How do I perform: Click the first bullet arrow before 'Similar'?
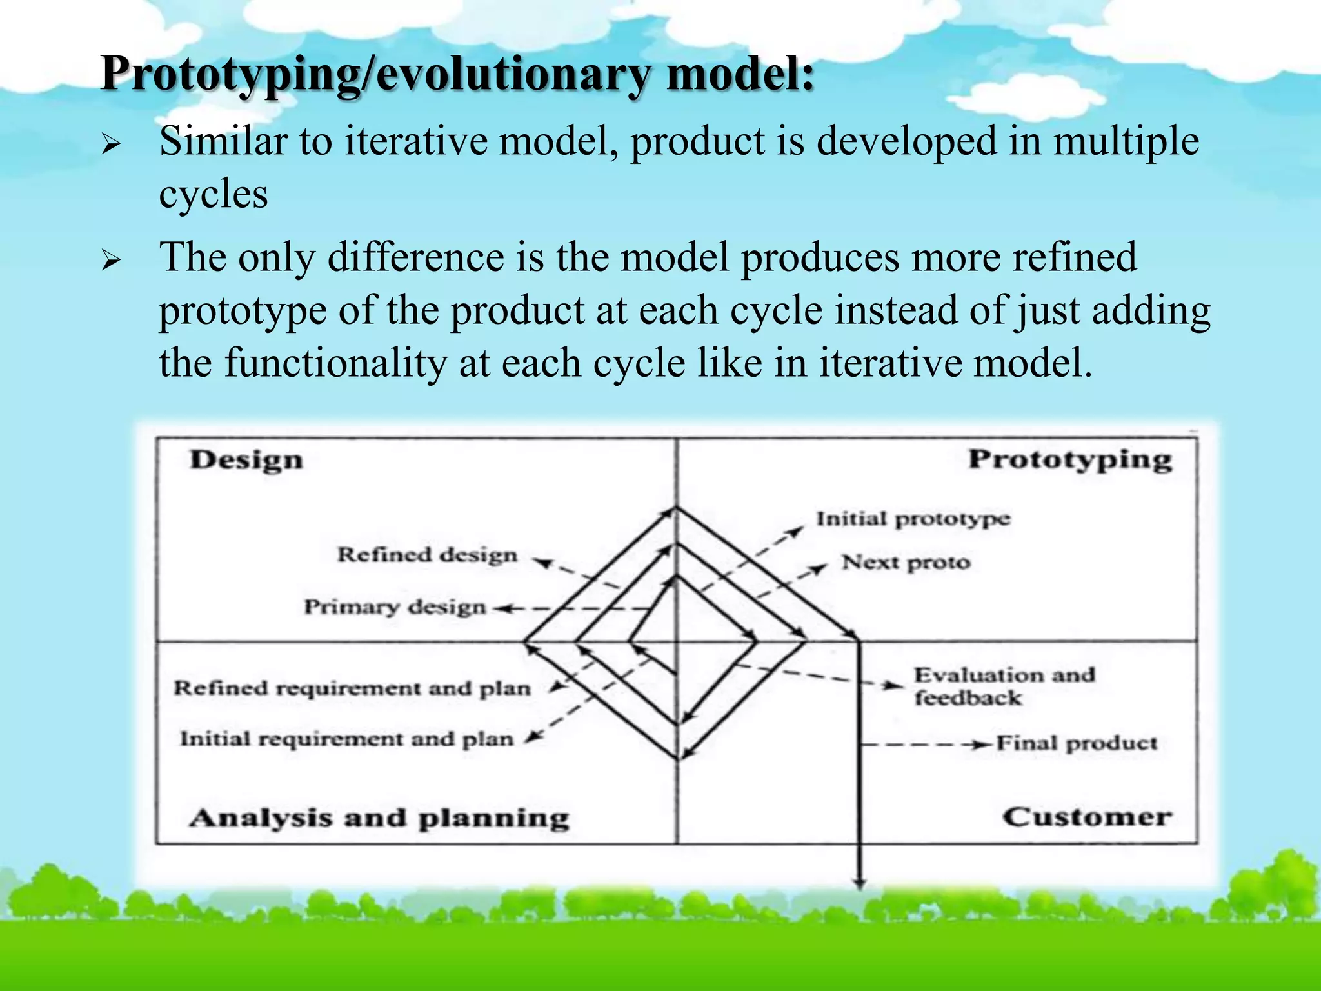tap(111, 144)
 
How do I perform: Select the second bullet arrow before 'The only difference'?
tap(111, 261)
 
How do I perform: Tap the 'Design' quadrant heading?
tap(246, 461)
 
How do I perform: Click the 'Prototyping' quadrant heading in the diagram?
tap(1070, 461)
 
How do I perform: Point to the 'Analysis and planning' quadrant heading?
tap(379, 818)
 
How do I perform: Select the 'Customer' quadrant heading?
tap(1087, 817)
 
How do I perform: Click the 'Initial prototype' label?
tap(913, 519)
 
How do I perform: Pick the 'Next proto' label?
tap(906, 563)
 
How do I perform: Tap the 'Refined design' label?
tap(427, 555)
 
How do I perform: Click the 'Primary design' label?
tap(395, 607)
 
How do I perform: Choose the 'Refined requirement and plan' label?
tap(352, 688)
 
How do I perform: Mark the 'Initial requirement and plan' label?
tap(346, 739)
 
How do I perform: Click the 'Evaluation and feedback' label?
tap(1004, 686)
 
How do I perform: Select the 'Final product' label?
tap(1077, 743)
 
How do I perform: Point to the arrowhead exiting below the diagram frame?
tap(859, 883)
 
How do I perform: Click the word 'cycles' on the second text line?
tap(213, 194)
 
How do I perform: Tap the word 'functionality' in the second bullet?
tap(335, 363)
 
